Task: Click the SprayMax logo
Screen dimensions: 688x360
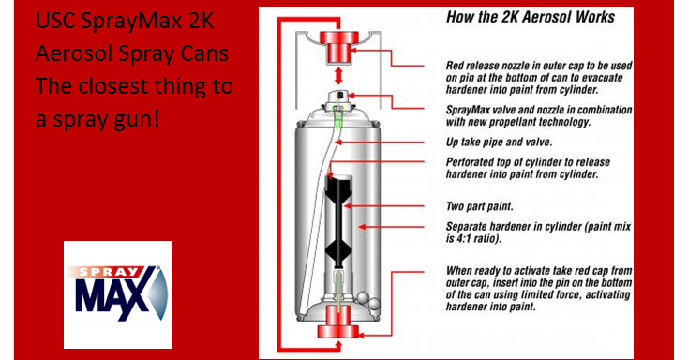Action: [117, 294]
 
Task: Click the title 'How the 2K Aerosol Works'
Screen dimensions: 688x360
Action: [531, 17]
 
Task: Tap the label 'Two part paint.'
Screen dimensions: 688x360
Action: [480, 206]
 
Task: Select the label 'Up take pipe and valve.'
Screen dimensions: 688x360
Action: [499, 142]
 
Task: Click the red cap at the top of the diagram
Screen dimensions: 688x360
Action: [338, 47]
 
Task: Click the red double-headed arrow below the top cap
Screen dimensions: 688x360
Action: [338, 76]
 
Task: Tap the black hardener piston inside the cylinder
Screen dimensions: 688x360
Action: [338, 220]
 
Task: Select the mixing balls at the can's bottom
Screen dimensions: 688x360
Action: [368, 300]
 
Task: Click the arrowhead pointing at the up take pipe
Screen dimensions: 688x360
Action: [338, 142]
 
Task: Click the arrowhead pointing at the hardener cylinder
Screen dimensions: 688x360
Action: [362, 227]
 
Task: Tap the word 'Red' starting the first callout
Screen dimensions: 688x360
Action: [455, 66]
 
